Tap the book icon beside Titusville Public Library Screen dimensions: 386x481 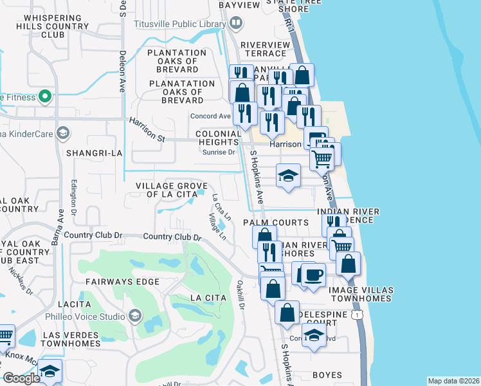coord(236,24)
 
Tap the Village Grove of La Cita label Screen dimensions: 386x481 coord(170,190)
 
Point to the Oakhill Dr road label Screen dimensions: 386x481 coord(240,293)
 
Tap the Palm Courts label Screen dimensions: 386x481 coord(276,223)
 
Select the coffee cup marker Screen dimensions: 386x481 coord(313,275)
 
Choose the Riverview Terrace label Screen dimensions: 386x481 coord(265,50)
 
